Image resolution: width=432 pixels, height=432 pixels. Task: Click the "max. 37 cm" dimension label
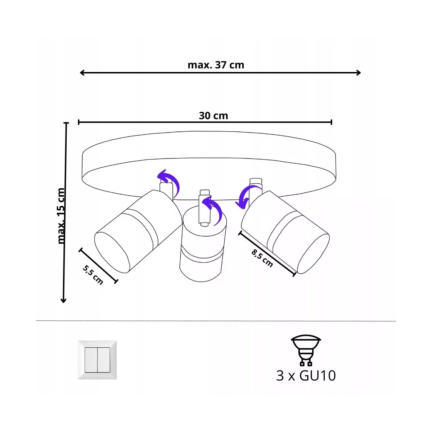[x=216, y=65]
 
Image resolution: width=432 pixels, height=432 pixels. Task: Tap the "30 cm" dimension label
[x=213, y=116]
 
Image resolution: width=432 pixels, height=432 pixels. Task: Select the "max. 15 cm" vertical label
[x=61, y=216]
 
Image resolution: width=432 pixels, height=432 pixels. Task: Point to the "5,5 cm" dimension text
[x=93, y=275]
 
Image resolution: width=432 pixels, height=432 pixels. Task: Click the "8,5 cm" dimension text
[x=262, y=258]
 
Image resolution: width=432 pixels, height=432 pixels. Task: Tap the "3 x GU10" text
[x=306, y=375]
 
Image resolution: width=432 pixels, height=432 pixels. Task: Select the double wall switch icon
[x=97, y=360]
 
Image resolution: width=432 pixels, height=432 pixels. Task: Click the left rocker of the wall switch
[x=91, y=360]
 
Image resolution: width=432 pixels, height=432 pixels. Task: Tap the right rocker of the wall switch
[x=104, y=360]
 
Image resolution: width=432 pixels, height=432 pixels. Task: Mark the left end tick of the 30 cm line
[x=79, y=122]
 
